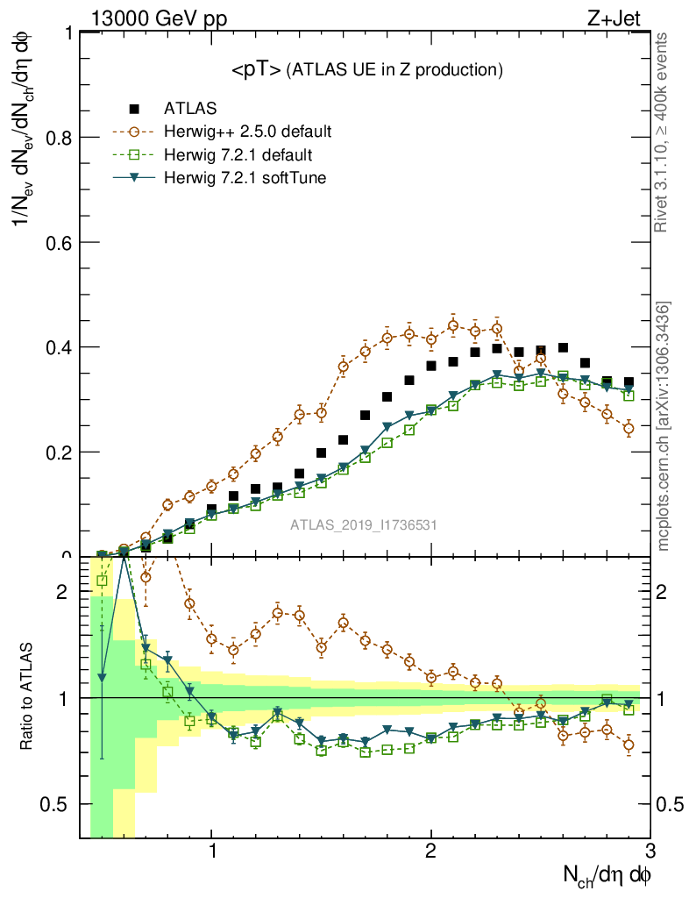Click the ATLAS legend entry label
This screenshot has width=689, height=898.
pos(190,109)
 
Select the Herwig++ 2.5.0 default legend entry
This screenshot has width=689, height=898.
pos(247,132)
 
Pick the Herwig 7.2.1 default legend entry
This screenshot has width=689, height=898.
pos(238,155)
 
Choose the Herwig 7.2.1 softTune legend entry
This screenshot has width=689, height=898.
pos(242,179)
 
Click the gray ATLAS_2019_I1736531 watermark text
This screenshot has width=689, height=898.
pos(364,525)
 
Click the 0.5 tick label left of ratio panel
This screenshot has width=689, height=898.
pos(59,804)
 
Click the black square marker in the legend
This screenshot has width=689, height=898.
pos(134,109)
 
